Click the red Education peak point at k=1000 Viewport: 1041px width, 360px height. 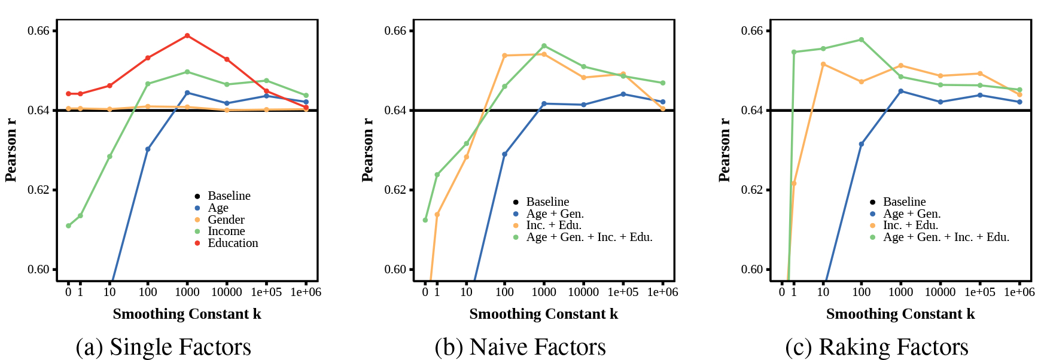point(187,36)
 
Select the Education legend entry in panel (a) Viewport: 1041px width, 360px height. point(233,243)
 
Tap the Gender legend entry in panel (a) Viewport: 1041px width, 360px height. point(226,219)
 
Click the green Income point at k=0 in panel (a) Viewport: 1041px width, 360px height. point(68,226)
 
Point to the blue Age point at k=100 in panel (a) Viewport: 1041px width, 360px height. point(148,150)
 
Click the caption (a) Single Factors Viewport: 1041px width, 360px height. point(163,347)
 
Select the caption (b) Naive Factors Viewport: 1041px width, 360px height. point(520,347)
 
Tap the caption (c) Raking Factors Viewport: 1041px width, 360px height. point(876,347)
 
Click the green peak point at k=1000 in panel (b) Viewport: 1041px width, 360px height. point(544,46)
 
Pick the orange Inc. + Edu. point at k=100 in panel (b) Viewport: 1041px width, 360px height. point(504,56)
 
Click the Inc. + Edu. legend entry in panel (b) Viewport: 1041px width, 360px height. point(553,225)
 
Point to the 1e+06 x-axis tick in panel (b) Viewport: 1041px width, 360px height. point(662,292)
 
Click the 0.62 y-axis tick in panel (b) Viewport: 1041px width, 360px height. point(395,190)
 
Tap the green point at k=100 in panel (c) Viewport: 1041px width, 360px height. point(861,40)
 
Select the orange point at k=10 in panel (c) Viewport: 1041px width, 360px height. point(823,65)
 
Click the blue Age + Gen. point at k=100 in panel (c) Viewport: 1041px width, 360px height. point(861,144)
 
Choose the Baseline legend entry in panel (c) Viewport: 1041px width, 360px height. point(904,202)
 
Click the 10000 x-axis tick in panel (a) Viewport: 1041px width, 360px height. point(227,292)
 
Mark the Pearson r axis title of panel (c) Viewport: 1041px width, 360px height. point(724,150)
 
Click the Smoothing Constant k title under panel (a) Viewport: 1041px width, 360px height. point(187,314)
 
